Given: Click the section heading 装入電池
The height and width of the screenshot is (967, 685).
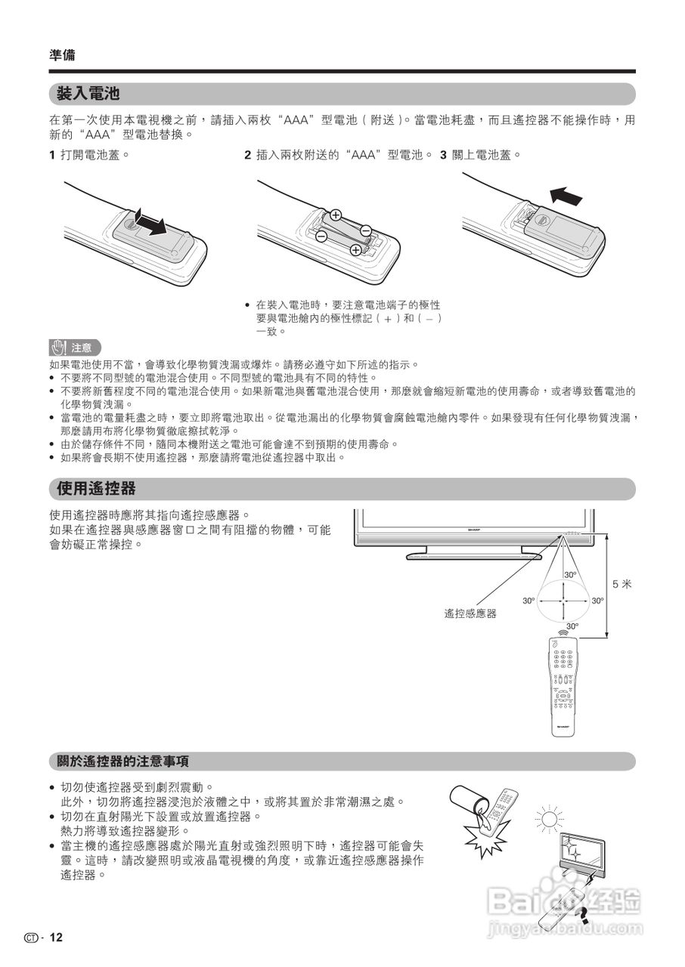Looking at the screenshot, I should (88, 94).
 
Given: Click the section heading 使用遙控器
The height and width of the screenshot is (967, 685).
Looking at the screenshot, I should (96, 489).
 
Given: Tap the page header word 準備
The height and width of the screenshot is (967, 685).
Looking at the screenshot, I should (62, 55).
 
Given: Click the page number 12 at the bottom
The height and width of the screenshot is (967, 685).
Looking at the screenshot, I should (57, 938).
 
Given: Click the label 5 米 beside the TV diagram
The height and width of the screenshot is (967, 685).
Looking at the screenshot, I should (621, 583).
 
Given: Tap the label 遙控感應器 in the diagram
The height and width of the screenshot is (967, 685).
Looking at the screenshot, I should (470, 613).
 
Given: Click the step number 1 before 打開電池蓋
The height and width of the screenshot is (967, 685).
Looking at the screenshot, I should (52, 155).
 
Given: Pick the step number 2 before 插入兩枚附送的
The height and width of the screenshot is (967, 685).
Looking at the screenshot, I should (247, 155).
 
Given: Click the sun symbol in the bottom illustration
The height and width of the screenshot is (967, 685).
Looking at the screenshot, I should (549, 818).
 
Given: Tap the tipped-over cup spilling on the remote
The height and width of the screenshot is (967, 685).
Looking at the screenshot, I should (472, 804).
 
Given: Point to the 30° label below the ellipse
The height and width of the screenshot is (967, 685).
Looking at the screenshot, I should (572, 626).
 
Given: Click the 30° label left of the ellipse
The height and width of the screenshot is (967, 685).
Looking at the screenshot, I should (528, 601).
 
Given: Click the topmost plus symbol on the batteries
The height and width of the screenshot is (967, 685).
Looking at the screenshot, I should (336, 215).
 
